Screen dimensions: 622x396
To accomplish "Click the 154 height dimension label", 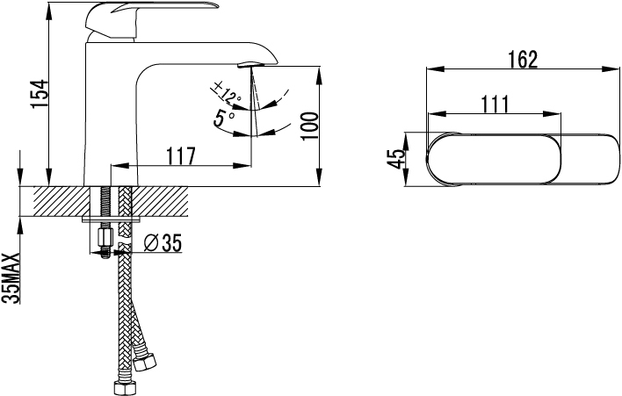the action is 40,94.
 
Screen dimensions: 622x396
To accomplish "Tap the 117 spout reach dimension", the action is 180,155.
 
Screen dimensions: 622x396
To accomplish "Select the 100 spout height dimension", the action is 310,126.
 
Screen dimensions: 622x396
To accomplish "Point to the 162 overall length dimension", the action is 523,60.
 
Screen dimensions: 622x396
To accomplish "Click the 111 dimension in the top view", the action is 495,104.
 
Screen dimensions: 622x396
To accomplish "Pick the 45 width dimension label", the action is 397,159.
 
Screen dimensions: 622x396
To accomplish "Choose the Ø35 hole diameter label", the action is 163,242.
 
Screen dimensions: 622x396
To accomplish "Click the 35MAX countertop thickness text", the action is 11,278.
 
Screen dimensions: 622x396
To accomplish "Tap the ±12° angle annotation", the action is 226,91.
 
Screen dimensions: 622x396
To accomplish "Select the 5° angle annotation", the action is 224,118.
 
